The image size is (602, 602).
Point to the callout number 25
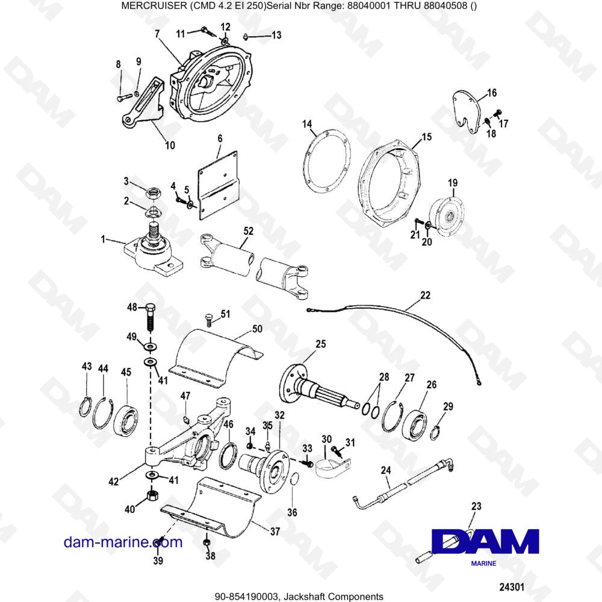click(x=320, y=344)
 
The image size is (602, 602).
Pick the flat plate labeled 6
click(x=219, y=187)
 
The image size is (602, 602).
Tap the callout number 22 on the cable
click(x=425, y=295)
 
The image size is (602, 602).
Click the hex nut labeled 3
click(x=153, y=193)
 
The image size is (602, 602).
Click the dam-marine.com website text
click(x=123, y=542)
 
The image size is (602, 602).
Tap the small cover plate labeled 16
click(x=468, y=108)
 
